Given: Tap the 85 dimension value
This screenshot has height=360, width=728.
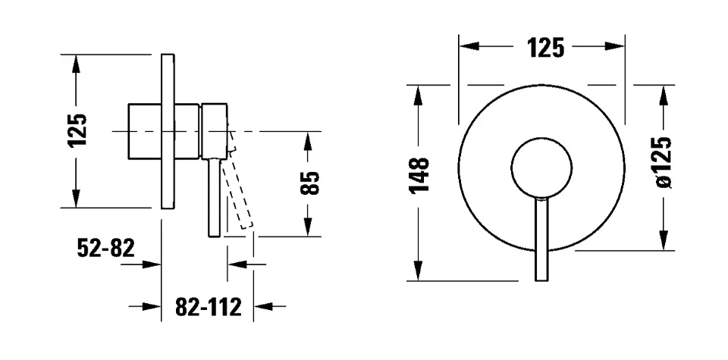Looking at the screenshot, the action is click(309, 183).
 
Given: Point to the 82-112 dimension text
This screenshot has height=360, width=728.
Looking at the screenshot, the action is click(209, 307).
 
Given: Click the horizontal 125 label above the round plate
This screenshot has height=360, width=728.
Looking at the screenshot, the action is click(545, 48).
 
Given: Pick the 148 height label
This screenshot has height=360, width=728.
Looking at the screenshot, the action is click(419, 175).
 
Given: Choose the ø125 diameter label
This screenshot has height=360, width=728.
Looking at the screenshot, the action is click(664, 162).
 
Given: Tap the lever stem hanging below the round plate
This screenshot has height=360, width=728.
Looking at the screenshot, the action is click(541, 239).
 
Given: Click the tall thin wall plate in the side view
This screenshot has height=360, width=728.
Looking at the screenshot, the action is click(168, 131).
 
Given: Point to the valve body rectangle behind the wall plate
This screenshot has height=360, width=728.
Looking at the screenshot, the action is click(145, 131).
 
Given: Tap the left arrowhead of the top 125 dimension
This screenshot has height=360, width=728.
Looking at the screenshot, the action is click(469, 46).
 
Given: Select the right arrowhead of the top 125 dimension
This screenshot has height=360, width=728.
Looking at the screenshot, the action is click(615, 46).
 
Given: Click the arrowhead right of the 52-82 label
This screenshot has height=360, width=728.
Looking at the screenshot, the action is click(152, 265).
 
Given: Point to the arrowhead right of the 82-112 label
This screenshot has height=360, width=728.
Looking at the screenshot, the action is click(263, 306).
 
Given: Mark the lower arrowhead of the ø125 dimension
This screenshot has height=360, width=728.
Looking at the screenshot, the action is click(664, 241).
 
